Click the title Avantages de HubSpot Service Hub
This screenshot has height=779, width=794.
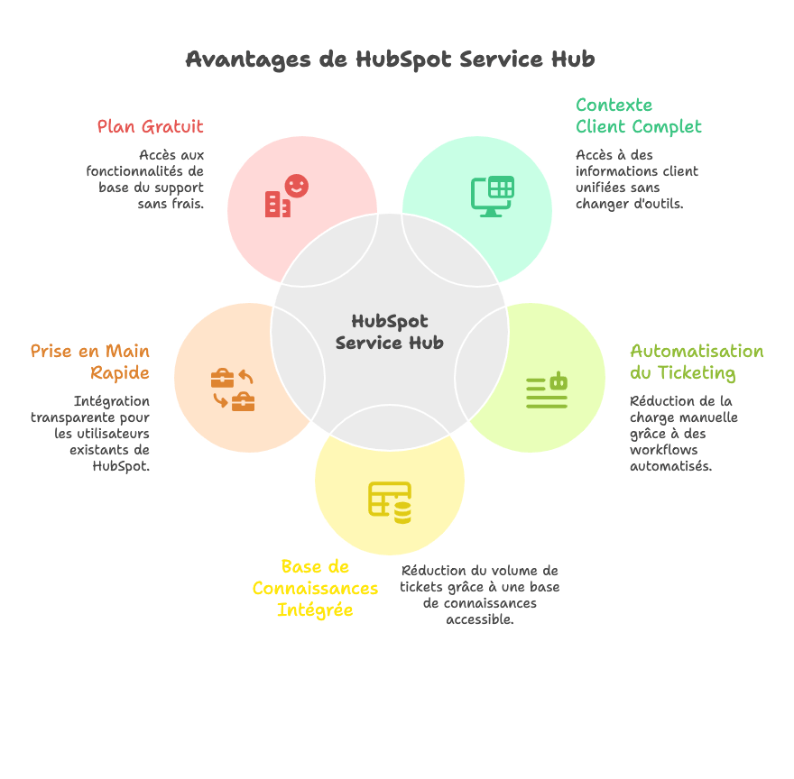tap(390, 60)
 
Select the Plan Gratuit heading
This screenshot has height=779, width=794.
tap(151, 126)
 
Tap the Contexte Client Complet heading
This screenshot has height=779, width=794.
tap(638, 115)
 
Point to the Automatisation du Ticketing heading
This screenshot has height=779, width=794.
tap(697, 362)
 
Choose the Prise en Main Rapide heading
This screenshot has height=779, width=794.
tap(90, 362)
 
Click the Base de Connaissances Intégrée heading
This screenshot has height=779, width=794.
tap(315, 588)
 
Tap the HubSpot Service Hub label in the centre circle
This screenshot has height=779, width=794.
tap(390, 332)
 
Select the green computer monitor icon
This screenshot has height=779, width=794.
tap(493, 196)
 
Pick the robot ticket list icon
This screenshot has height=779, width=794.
tap(547, 390)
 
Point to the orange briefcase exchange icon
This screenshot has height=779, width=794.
tap(233, 389)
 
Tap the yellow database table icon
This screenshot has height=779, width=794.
tap(390, 502)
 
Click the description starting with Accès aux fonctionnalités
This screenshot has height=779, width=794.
tap(146, 179)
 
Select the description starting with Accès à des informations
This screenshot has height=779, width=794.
tap(636, 179)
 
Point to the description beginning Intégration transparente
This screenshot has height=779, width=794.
tap(91, 434)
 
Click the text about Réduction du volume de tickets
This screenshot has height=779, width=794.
tap(479, 595)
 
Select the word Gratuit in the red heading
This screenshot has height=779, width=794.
tap(178, 126)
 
